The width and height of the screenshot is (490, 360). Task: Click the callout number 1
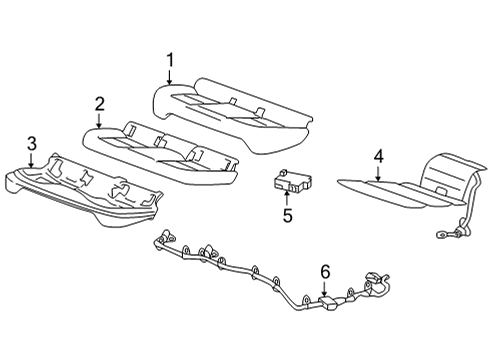170,61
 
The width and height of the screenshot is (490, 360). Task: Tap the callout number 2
100,104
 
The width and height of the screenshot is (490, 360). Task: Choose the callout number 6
324,270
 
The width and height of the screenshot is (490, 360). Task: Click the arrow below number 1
170,78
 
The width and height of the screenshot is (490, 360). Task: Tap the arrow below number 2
100,120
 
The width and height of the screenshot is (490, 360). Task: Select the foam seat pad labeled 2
160,148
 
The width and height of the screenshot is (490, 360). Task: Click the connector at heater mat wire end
441,236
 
